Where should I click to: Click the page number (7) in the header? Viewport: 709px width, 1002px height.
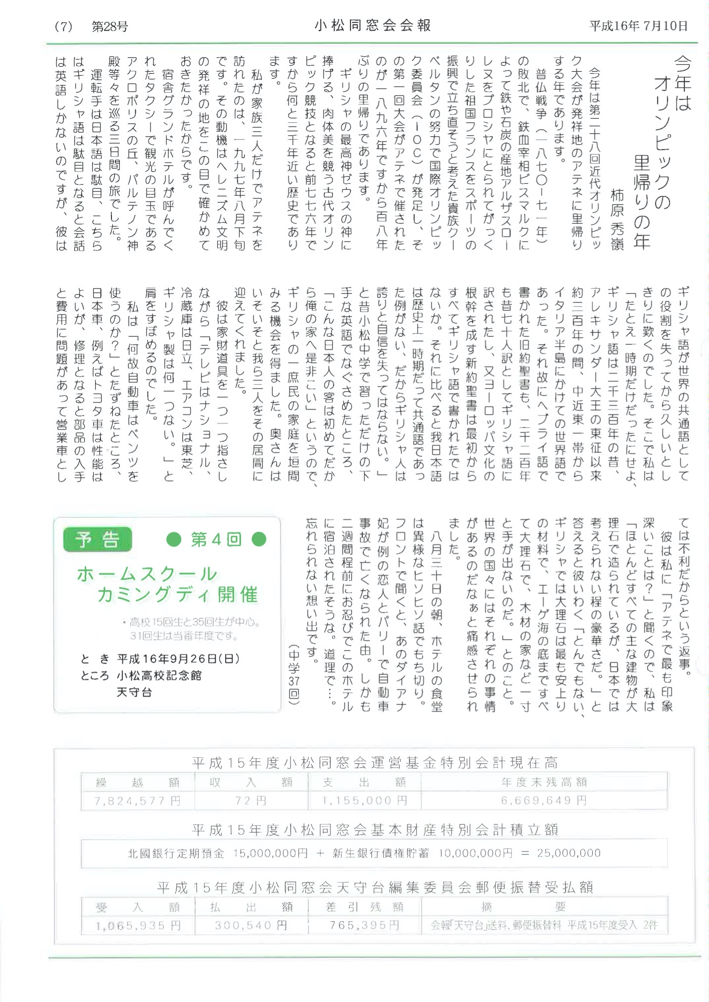(63, 27)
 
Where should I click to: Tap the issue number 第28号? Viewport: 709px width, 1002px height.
(110, 27)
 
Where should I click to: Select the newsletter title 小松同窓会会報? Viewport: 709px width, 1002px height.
(372, 26)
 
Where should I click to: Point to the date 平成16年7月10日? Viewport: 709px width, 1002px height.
(638, 26)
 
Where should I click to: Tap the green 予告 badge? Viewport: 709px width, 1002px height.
(98, 539)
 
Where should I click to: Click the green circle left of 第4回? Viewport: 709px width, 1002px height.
(174, 539)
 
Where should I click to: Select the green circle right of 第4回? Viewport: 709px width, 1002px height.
(259, 539)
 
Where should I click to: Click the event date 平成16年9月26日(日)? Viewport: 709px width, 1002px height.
(179, 659)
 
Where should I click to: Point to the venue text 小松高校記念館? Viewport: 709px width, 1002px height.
(159, 676)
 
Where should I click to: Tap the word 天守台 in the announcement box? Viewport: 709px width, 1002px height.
(134, 692)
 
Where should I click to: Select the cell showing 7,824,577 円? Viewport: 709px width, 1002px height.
(138, 801)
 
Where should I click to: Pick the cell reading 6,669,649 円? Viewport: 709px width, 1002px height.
(544, 801)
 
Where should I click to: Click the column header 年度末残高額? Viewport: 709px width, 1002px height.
(544, 783)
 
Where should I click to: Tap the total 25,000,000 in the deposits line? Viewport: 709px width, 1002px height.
(569, 853)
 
